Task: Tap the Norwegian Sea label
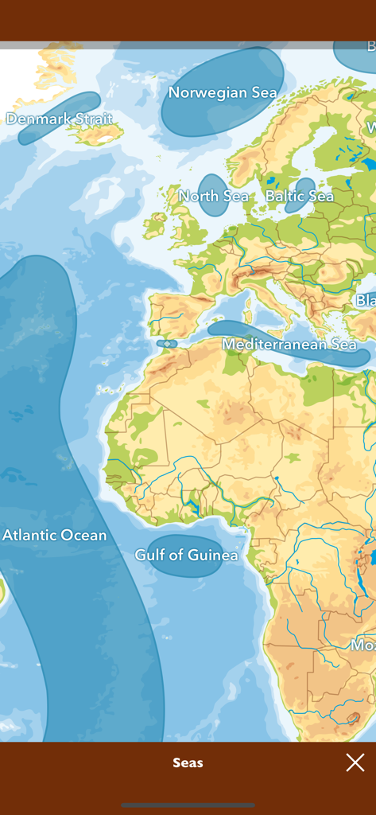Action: [223, 93]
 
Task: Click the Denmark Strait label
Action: [59, 119]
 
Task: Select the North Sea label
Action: [213, 196]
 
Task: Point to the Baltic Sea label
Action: [299, 196]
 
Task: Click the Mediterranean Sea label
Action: [289, 345]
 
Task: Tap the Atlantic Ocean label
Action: [54, 535]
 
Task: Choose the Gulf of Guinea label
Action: [186, 555]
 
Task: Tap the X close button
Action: [355, 762]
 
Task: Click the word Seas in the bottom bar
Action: [188, 762]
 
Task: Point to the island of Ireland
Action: [154, 225]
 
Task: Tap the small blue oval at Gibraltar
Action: [166, 344]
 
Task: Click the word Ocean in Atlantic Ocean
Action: [82, 535]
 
